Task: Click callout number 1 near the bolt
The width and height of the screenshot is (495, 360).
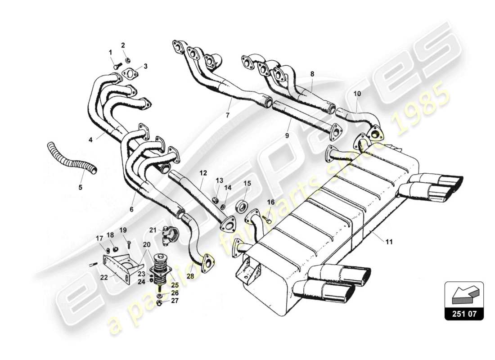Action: click(x=110, y=52)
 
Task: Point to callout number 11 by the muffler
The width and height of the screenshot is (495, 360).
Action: click(x=389, y=242)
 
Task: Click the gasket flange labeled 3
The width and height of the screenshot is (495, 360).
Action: click(x=130, y=74)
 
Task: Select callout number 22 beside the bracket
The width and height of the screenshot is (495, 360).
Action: click(x=104, y=278)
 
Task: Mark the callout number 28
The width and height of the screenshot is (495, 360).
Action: click(x=190, y=276)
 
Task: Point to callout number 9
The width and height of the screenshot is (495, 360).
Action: click(x=287, y=135)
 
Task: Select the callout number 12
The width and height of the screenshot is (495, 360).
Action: click(x=203, y=172)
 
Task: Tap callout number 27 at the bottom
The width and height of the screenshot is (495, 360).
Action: click(x=174, y=301)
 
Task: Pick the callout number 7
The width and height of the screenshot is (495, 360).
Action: click(x=228, y=115)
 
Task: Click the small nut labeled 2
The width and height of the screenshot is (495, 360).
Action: click(x=127, y=59)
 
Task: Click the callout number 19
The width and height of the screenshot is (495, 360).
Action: click(x=123, y=230)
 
